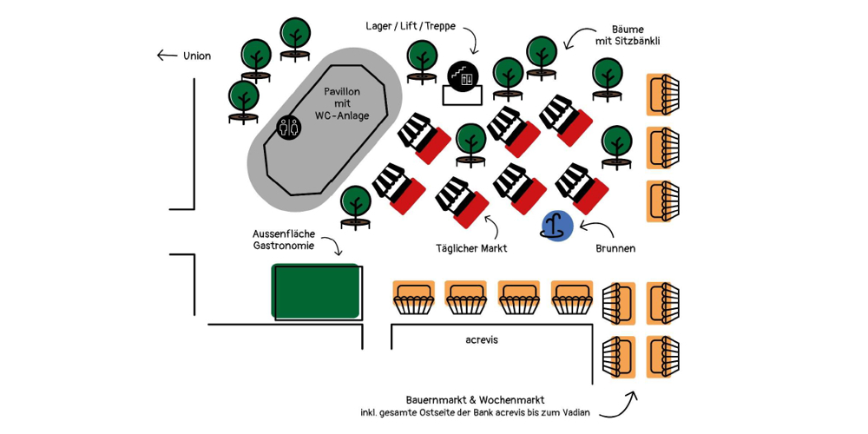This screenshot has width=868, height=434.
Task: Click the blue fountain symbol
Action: coord(557,227)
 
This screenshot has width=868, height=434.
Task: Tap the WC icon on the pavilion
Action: coord(289,128)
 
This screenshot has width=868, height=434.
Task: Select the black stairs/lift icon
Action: coord(463,76)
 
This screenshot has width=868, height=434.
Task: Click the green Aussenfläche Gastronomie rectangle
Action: coord(317,292)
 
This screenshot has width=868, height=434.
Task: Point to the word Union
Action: coord(197,56)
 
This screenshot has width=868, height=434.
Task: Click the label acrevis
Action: coord(482,340)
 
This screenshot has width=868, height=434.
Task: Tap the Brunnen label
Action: coord(615,248)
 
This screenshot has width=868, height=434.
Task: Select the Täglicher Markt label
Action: coord(471,248)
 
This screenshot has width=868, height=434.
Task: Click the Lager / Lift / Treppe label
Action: coord(411,26)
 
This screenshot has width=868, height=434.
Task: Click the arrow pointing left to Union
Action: coord(167,56)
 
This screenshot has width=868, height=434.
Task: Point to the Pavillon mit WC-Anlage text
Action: coord(341,103)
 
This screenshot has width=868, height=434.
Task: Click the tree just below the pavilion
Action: coord(355,206)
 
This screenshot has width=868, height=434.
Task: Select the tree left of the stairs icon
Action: coord(422,61)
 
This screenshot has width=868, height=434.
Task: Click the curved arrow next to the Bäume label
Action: coord(575,38)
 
